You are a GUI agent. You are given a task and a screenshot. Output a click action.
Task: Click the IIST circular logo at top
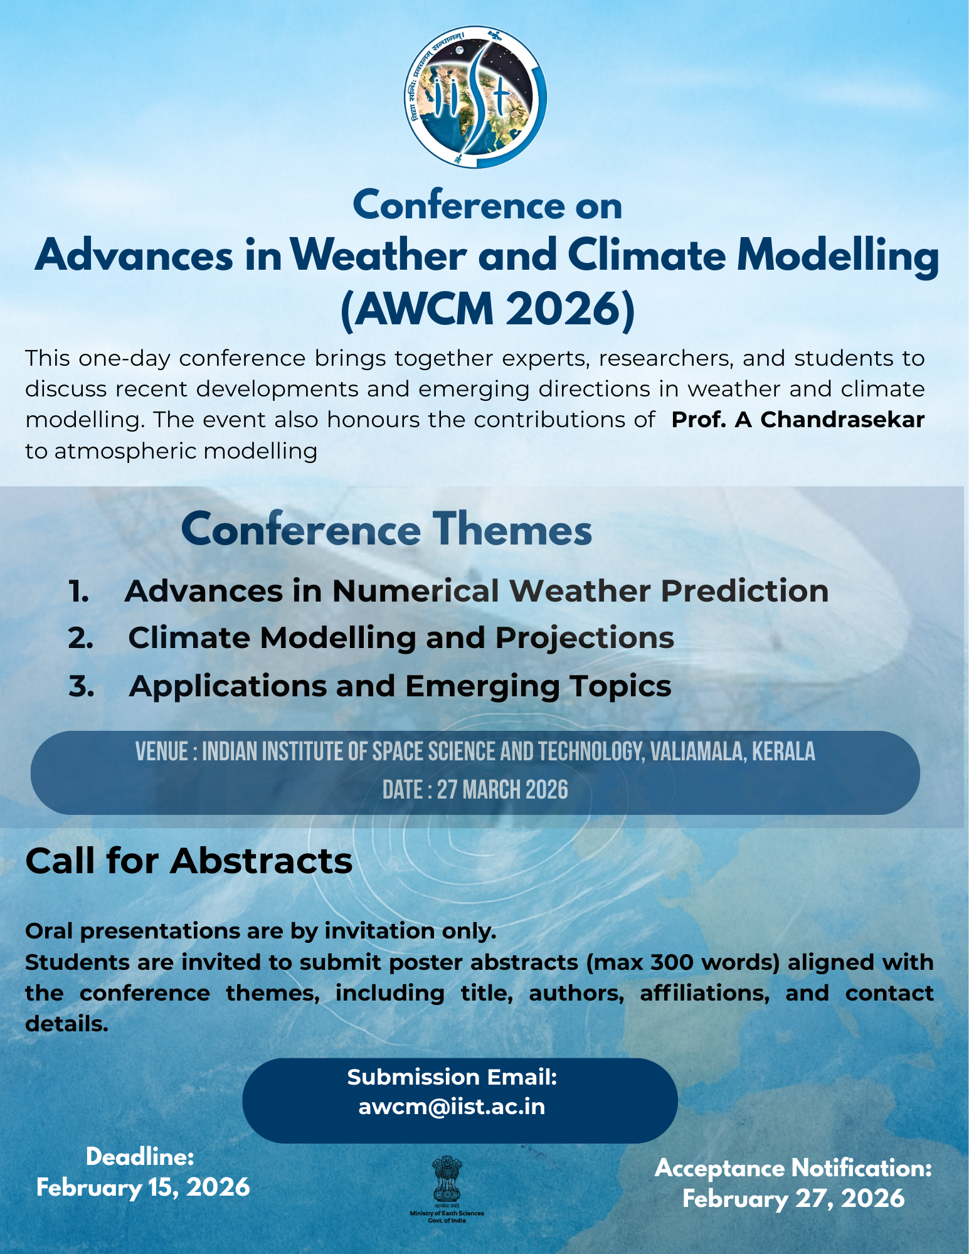click(x=475, y=97)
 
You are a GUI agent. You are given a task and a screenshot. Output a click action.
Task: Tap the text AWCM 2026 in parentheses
click(x=487, y=309)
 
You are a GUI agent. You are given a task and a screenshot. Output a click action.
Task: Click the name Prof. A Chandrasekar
click(x=798, y=420)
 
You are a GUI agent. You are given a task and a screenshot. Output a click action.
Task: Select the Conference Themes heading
click(x=386, y=529)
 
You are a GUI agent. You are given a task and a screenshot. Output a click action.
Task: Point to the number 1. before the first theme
click(x=78, y=592)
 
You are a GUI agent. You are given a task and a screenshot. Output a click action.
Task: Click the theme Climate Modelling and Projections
click(x=401, y=638)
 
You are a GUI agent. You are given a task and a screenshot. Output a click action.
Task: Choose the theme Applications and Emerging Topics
click(x=400, y=686)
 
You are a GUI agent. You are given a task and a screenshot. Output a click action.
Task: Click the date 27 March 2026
click(x=502, y=790)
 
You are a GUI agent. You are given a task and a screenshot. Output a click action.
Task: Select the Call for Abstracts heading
click(x=189, y=861)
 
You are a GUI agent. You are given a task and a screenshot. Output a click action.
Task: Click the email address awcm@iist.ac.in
click(x=452, y=1107)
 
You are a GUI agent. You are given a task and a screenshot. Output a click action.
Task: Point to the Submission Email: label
click(x=452, y=1077)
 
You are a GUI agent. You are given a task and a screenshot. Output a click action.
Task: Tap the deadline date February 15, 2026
click(x=143, y=1188)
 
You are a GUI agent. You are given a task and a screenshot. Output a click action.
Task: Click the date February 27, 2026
click(x=793, y=1199)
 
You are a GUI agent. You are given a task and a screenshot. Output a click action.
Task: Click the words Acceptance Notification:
click(x=793, y=1169)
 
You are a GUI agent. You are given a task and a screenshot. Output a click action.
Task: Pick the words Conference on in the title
click(x=487, y=206)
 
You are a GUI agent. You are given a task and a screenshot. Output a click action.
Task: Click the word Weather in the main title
click(x=379, y=256)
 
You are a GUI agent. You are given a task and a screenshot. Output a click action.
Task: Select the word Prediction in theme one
click(x=744, y=592)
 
